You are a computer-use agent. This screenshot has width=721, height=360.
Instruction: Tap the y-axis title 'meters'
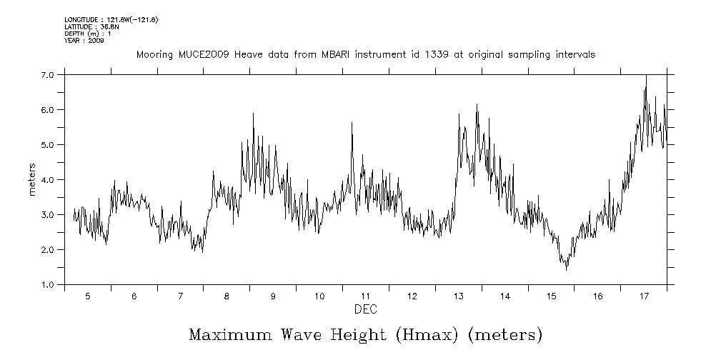click(32, 180)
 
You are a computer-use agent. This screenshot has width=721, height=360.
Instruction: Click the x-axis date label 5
click(87, 296)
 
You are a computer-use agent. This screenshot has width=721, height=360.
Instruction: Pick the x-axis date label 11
click(365, 296)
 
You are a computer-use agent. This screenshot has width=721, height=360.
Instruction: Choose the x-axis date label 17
click(643, 296)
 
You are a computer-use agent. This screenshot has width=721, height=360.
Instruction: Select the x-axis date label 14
click(504, 296)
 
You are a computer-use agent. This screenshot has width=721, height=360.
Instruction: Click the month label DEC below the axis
click(365, 309)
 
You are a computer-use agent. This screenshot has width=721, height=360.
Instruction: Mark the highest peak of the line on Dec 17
click(646, 76)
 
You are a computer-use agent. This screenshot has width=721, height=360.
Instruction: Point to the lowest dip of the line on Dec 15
click(566, 270)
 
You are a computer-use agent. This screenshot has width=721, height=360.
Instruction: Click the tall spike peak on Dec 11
click(352, 123)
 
